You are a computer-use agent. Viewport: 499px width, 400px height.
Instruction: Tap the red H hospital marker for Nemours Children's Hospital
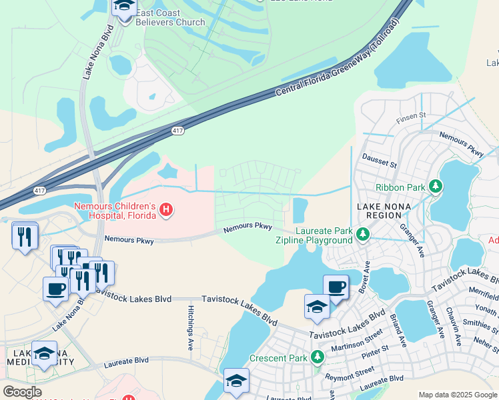pos(167,211)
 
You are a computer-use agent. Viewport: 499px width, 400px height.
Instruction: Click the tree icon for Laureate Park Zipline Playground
pos(362,235)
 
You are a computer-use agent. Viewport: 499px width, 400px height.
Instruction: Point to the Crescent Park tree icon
pos(318,358)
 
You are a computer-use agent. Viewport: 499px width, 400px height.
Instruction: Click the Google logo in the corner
pos(22,392)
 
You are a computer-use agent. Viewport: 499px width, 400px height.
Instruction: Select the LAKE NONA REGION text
pos(388,211)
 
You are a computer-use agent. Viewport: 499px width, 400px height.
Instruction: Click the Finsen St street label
pos(412,115)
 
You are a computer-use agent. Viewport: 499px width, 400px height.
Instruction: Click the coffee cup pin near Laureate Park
pos(336,287)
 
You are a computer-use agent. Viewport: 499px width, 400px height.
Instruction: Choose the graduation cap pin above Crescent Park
pos(317,307)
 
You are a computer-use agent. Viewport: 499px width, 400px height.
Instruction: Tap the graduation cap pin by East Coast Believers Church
pos(123,8)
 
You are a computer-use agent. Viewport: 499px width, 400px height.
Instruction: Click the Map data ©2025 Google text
pos(457,395)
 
